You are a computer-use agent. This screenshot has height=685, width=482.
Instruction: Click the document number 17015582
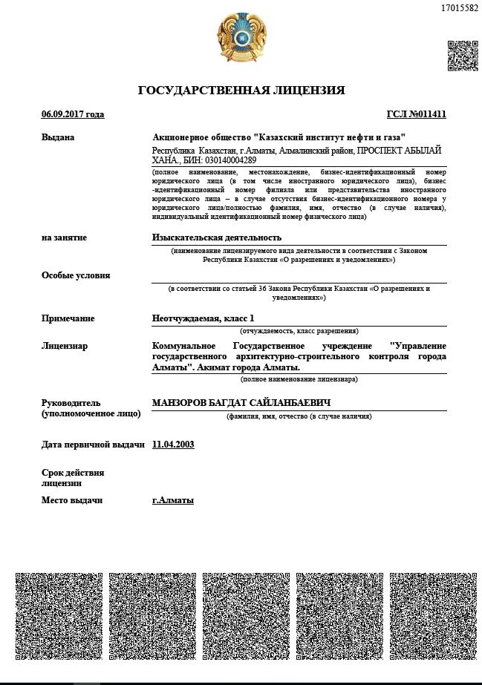pyautogui.click(x=459, y=8)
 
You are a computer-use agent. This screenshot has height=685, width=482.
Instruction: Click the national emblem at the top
pyautogui.click(x=241, y=38)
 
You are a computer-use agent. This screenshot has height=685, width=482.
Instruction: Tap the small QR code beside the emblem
pyautogui.click(x=462, y=56)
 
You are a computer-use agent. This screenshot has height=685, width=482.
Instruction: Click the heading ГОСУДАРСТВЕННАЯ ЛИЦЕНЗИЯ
pyautogui.click(x=241, y=91)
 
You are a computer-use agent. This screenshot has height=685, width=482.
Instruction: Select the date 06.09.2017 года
pyautogui.click(x=73, y=114)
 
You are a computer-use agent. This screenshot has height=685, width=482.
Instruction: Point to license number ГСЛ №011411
pyautogui.click(x=416, y=114)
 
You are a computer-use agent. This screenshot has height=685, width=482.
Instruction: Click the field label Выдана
pyautogui.click(x=58, y=137)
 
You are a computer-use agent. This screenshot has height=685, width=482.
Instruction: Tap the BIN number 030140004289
pyautogui.click(x=229, y=160)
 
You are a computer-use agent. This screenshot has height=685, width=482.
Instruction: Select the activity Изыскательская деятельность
pyautogui.click(x=217, y=237)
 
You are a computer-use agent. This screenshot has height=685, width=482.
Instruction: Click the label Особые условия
pyautogui.click(x=76, y=275)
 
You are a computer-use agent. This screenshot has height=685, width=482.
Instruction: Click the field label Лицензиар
pyautogui.click(x=65, y=346)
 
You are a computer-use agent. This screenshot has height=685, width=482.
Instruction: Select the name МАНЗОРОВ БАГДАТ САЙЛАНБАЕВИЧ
pyautogui.click(x=241, y=402)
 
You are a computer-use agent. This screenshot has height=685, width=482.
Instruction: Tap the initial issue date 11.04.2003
pyautogui.click(x=173, y=445)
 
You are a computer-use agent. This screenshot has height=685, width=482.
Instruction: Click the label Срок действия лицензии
pyautogui.click(x=73, y=477)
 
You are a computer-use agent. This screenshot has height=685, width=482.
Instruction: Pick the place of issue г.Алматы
pyautogui.click(x=172, y=500)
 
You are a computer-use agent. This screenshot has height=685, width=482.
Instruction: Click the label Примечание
pyautogui.click(x=68, y=318)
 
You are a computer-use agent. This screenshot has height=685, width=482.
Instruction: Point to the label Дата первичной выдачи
pyautogui.click(x=93, y=445)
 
